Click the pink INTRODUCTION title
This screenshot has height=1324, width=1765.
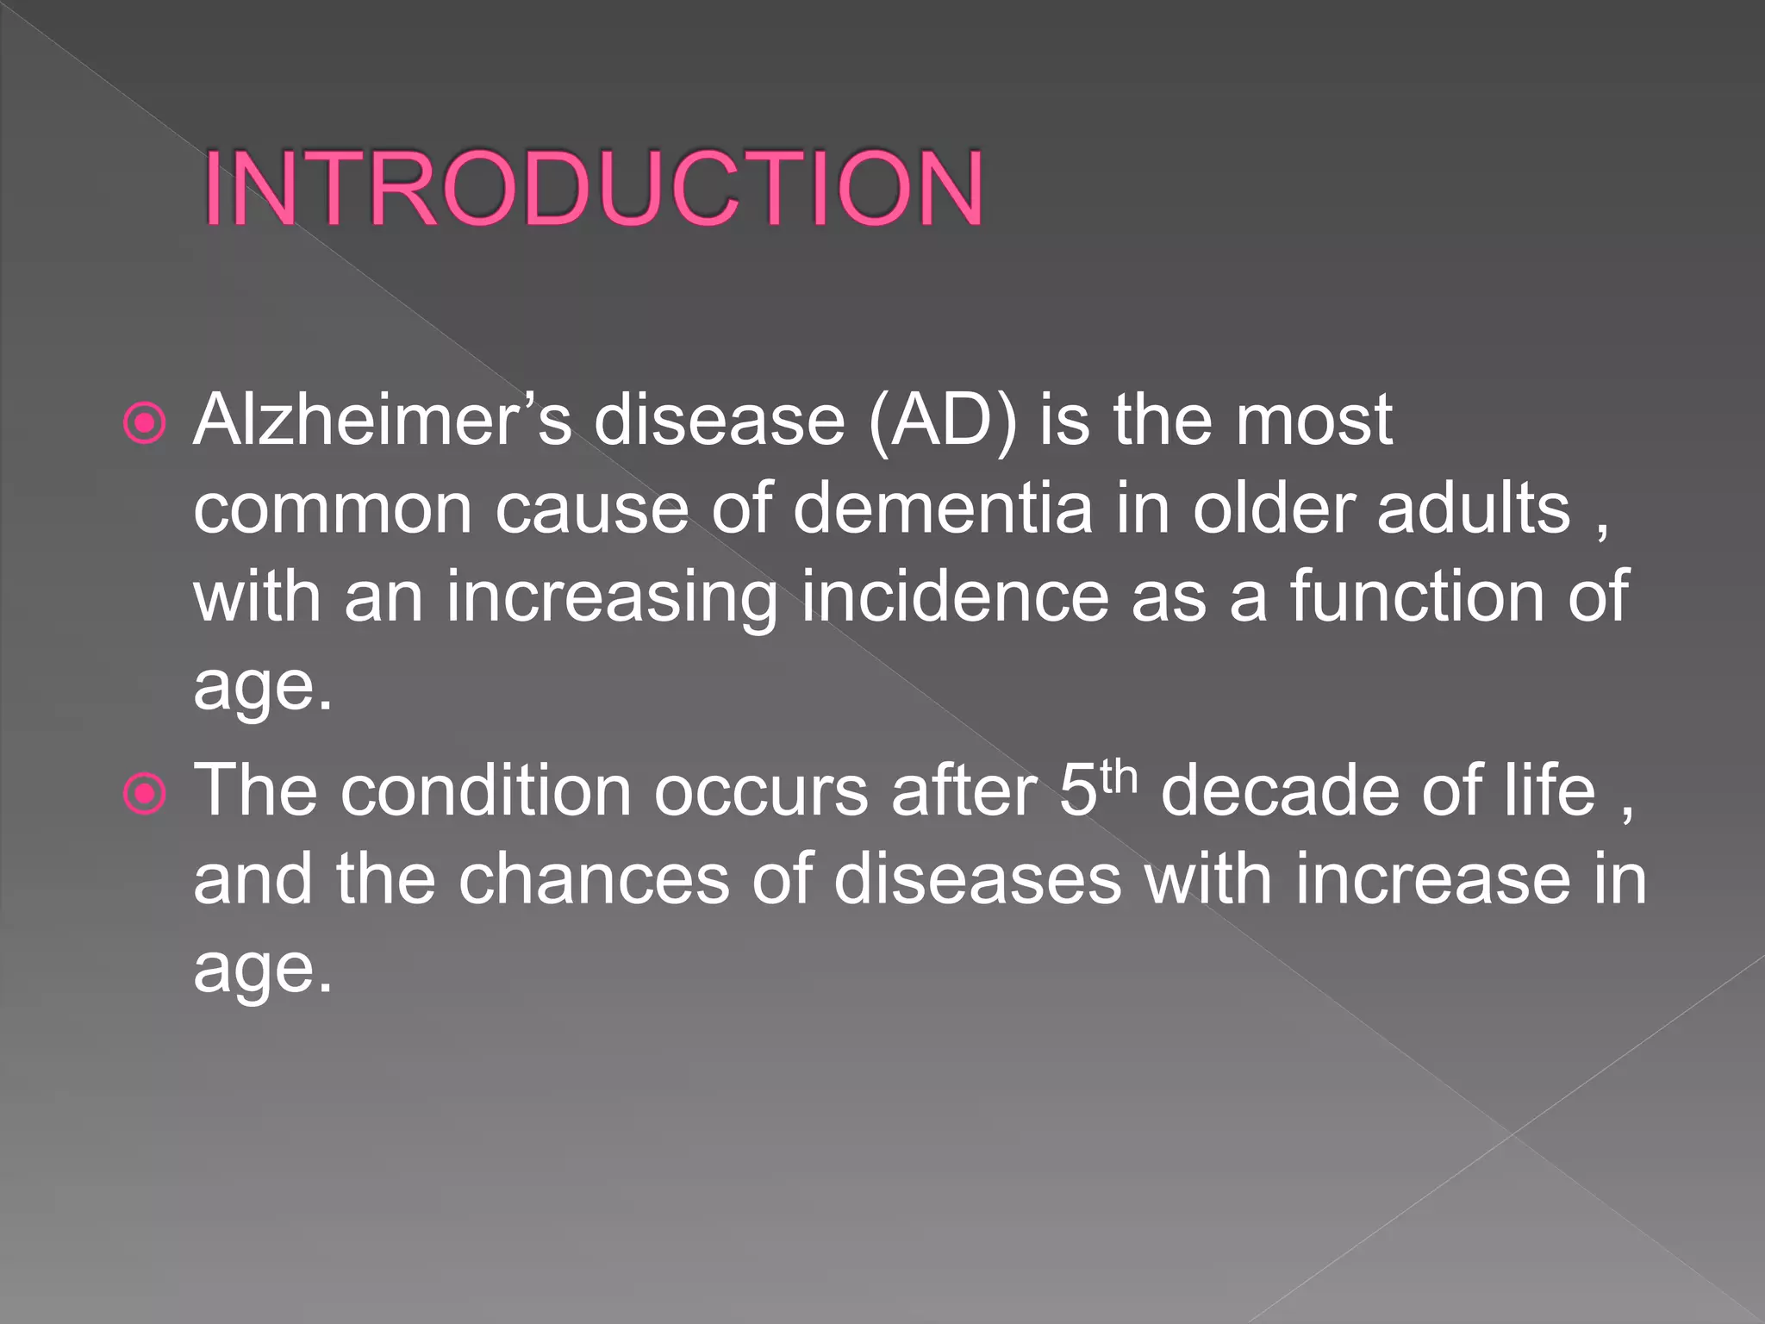[x=593, y=189]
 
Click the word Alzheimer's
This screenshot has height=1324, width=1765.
[x=382, y=421]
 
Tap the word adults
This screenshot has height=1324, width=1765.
[x=1474, y=509]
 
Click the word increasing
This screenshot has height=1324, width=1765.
[x=612, y=598]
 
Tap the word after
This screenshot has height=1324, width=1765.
[x=964, y=791]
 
